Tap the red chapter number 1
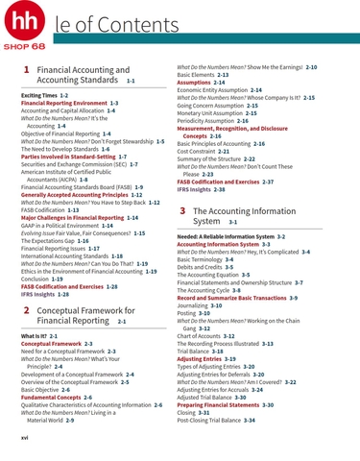click(x=24, y=71)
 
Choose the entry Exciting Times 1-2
click(x=43, y=97)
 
